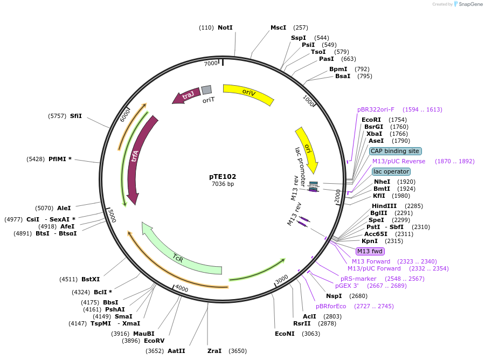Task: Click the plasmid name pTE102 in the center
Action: pos(223,176)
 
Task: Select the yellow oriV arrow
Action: pos(248,93)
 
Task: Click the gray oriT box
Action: pos(206,90)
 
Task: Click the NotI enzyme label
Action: pos(225,27)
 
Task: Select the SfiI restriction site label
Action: pos(76,116)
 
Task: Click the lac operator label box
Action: pos(391,171)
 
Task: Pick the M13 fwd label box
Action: pos(370,251)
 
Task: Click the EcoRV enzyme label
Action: pos(154,341)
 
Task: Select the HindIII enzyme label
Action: pos(384,206)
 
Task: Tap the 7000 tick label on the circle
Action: pos(211,64)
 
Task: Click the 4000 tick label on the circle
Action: pos(182,289)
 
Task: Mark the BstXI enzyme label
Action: pos(91,279)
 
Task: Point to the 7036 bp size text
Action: pos(223,184)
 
